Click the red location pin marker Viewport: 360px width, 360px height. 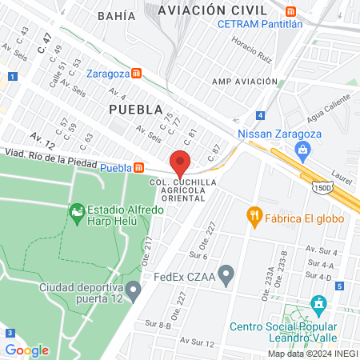point(181,162)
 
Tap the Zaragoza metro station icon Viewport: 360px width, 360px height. point(138,73)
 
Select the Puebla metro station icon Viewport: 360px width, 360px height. point(139,167)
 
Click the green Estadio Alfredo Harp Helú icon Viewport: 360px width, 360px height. point(77,212)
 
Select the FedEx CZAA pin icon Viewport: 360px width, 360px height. point(226,277)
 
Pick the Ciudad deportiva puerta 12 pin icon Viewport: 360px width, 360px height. point(133,288)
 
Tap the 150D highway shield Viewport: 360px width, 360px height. point(322,186)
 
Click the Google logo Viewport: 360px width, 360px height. point(26,350)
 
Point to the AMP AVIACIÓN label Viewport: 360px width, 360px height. point(244,81)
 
